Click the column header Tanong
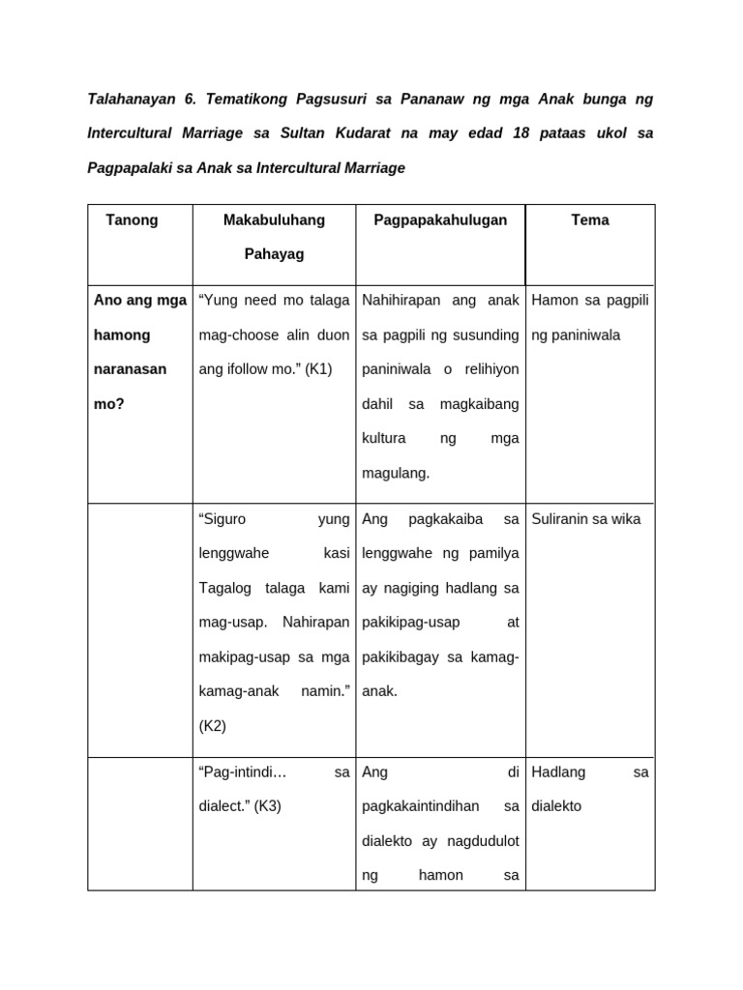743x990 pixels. click(132, 220)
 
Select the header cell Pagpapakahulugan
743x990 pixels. click(440, 220)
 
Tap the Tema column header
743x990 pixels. click(590, 220)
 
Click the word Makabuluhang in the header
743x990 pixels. click(274, 220)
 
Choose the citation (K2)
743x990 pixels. click(212, 726)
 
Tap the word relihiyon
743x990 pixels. click(492, 369)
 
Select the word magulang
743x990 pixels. click(394, 474)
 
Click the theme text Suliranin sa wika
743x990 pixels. click(586, 519)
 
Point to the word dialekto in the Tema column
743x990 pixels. click(557, 805)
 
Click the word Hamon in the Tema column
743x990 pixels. click(553, 301)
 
